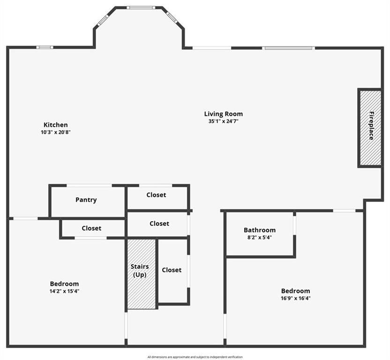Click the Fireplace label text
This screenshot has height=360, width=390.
(371, 126)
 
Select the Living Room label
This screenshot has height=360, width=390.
(223, 114)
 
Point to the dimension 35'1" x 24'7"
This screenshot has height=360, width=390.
(223, 121)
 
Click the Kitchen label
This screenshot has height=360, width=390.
(56, 125)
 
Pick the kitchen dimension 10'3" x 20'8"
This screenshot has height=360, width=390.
(56, 132)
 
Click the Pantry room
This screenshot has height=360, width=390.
(86, 200)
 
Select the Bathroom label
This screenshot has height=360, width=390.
(259, 230)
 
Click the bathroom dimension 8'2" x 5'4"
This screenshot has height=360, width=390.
(259, 237)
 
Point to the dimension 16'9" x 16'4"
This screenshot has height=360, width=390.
(295, 298)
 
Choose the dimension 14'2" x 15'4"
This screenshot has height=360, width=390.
(64, 291)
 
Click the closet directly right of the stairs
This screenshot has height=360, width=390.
(172, 270)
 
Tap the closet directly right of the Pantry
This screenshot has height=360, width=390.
(156, 195)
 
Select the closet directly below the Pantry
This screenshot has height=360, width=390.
(91, 228)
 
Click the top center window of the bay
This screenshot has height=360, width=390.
(141, 7)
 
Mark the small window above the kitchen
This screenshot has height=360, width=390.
(45, 47)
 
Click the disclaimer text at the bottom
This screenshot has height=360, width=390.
(195, 357)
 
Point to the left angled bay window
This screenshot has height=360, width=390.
(102, 20)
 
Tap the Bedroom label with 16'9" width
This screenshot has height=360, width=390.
(295, 291)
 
